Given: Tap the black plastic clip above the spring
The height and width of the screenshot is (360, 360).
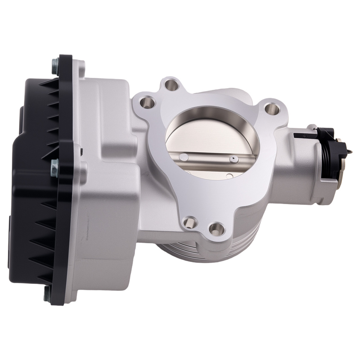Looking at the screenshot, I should [x=313, y=134].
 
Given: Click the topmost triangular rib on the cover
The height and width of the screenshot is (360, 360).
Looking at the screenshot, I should [x=47, y=83].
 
